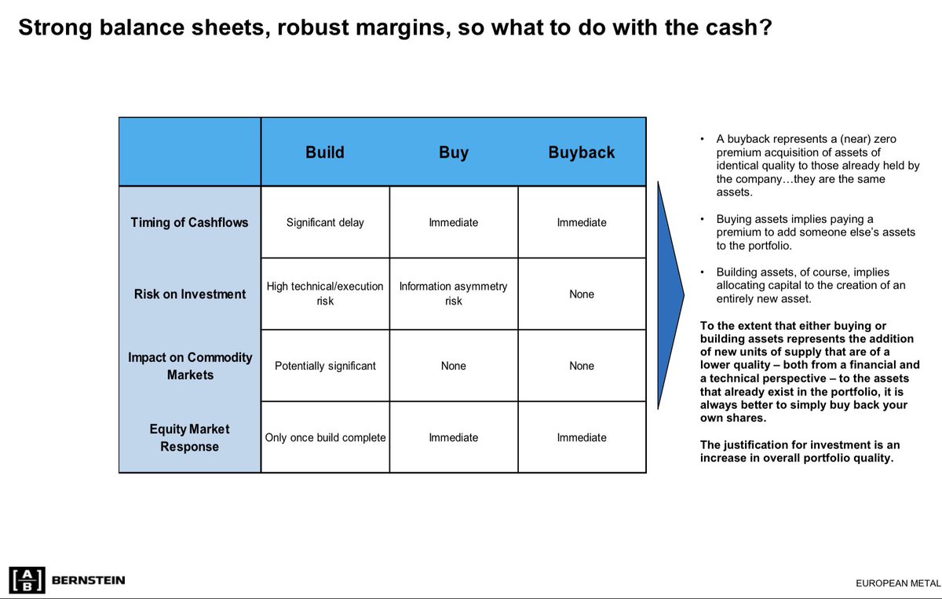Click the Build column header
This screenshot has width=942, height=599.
(x=325, y=152)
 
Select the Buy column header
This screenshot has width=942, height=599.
(x=453, y=152)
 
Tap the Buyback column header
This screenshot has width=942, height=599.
(x=582, y=152)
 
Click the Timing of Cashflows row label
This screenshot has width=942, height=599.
(x=189, y=222)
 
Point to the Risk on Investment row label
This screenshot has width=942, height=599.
(x=189, y=294)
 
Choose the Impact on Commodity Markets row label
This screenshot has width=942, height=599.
(x=190, y=366)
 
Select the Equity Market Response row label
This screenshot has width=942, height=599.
(x=190, y=437)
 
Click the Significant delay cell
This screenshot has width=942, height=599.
(x=325, y=222)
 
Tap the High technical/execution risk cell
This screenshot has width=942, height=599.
(x=325, y=294)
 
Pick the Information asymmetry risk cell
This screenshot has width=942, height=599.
(x=453, y=294)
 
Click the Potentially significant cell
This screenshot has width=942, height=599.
(x=325, y=366)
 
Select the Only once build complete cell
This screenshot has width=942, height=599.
(x=325, y=437)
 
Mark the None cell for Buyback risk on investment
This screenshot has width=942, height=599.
(x=582, y=294)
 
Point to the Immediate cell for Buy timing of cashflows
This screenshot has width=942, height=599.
(x=453, y=222)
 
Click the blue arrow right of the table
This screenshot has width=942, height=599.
(x=670, y=295)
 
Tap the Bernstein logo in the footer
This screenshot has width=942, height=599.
(x=67, y=580)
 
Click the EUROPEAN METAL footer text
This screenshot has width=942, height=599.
(x=898, y=583)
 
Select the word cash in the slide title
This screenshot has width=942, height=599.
(x=725, y=29)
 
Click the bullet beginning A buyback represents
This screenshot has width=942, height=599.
(x=809, y=166)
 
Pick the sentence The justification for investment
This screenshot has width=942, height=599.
(x=797, y=451)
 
